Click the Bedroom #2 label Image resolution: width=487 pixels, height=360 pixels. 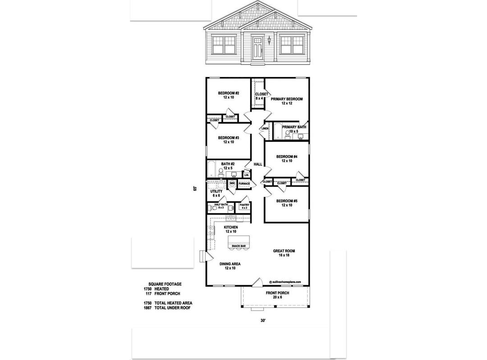click(228, 95)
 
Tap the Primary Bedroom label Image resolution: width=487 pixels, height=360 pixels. click(287, 101)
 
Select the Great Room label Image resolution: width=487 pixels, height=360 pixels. click(284, 253)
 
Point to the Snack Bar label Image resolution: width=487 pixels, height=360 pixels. click(239, 246)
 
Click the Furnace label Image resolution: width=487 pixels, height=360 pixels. click(244, 184)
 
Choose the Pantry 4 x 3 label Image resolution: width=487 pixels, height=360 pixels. click(244, 206)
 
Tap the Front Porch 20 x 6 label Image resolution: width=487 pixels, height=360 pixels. click(277, 295)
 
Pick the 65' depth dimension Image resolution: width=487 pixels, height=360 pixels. click(195, 188)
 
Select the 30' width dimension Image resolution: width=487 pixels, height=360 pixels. click(263, 321)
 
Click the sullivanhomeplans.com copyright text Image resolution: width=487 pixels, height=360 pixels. click(285, 282)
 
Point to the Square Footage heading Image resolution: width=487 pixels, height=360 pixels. click(165, 284)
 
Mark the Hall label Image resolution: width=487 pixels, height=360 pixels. click(258, 164)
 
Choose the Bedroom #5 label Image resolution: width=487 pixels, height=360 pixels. click(287, 203)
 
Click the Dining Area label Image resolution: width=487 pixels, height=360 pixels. click(230, 266)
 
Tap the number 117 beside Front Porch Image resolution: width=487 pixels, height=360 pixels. click(148, 294)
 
